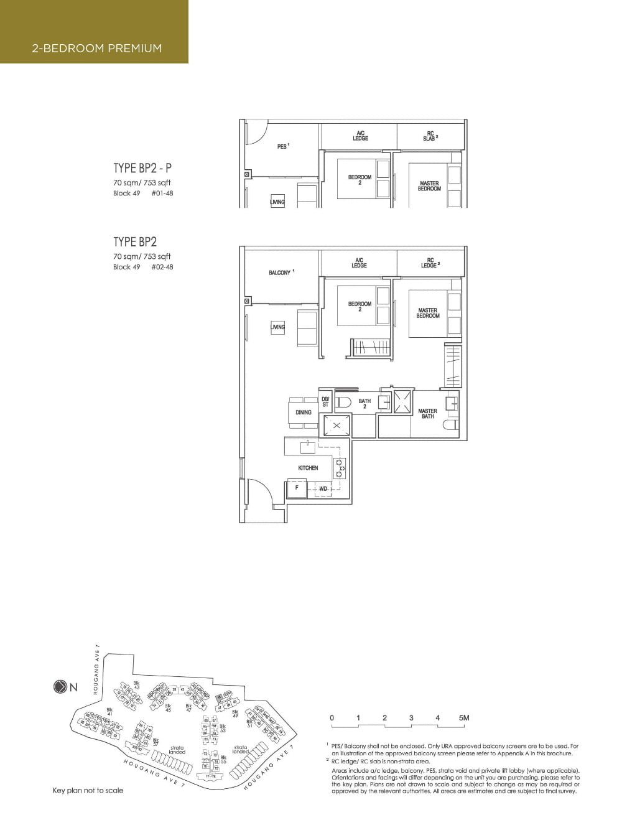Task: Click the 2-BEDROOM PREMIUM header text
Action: (97, 48)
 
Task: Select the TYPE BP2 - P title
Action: (142, 168)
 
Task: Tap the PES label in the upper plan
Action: (282, 147)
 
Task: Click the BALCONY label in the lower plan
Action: (280, 273)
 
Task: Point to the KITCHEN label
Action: (308, 468)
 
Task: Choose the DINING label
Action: (304, 412)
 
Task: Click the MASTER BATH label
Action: (427, 414)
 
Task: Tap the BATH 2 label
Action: (364, 404)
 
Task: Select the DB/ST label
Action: (325, 403)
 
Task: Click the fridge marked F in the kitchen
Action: (297, 488)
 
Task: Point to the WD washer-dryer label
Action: (323, 489)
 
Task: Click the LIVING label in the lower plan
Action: (277, 327)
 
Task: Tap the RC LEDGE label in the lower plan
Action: (429, 263)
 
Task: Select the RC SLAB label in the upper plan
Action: (430, 136)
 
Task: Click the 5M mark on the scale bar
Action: (463, 718)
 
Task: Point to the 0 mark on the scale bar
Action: (332, 718)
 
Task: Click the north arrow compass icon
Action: (60, 687)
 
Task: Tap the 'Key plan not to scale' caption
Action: (88, 790)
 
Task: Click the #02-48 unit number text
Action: (162, 267)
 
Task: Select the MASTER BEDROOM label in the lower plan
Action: (428, 313)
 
